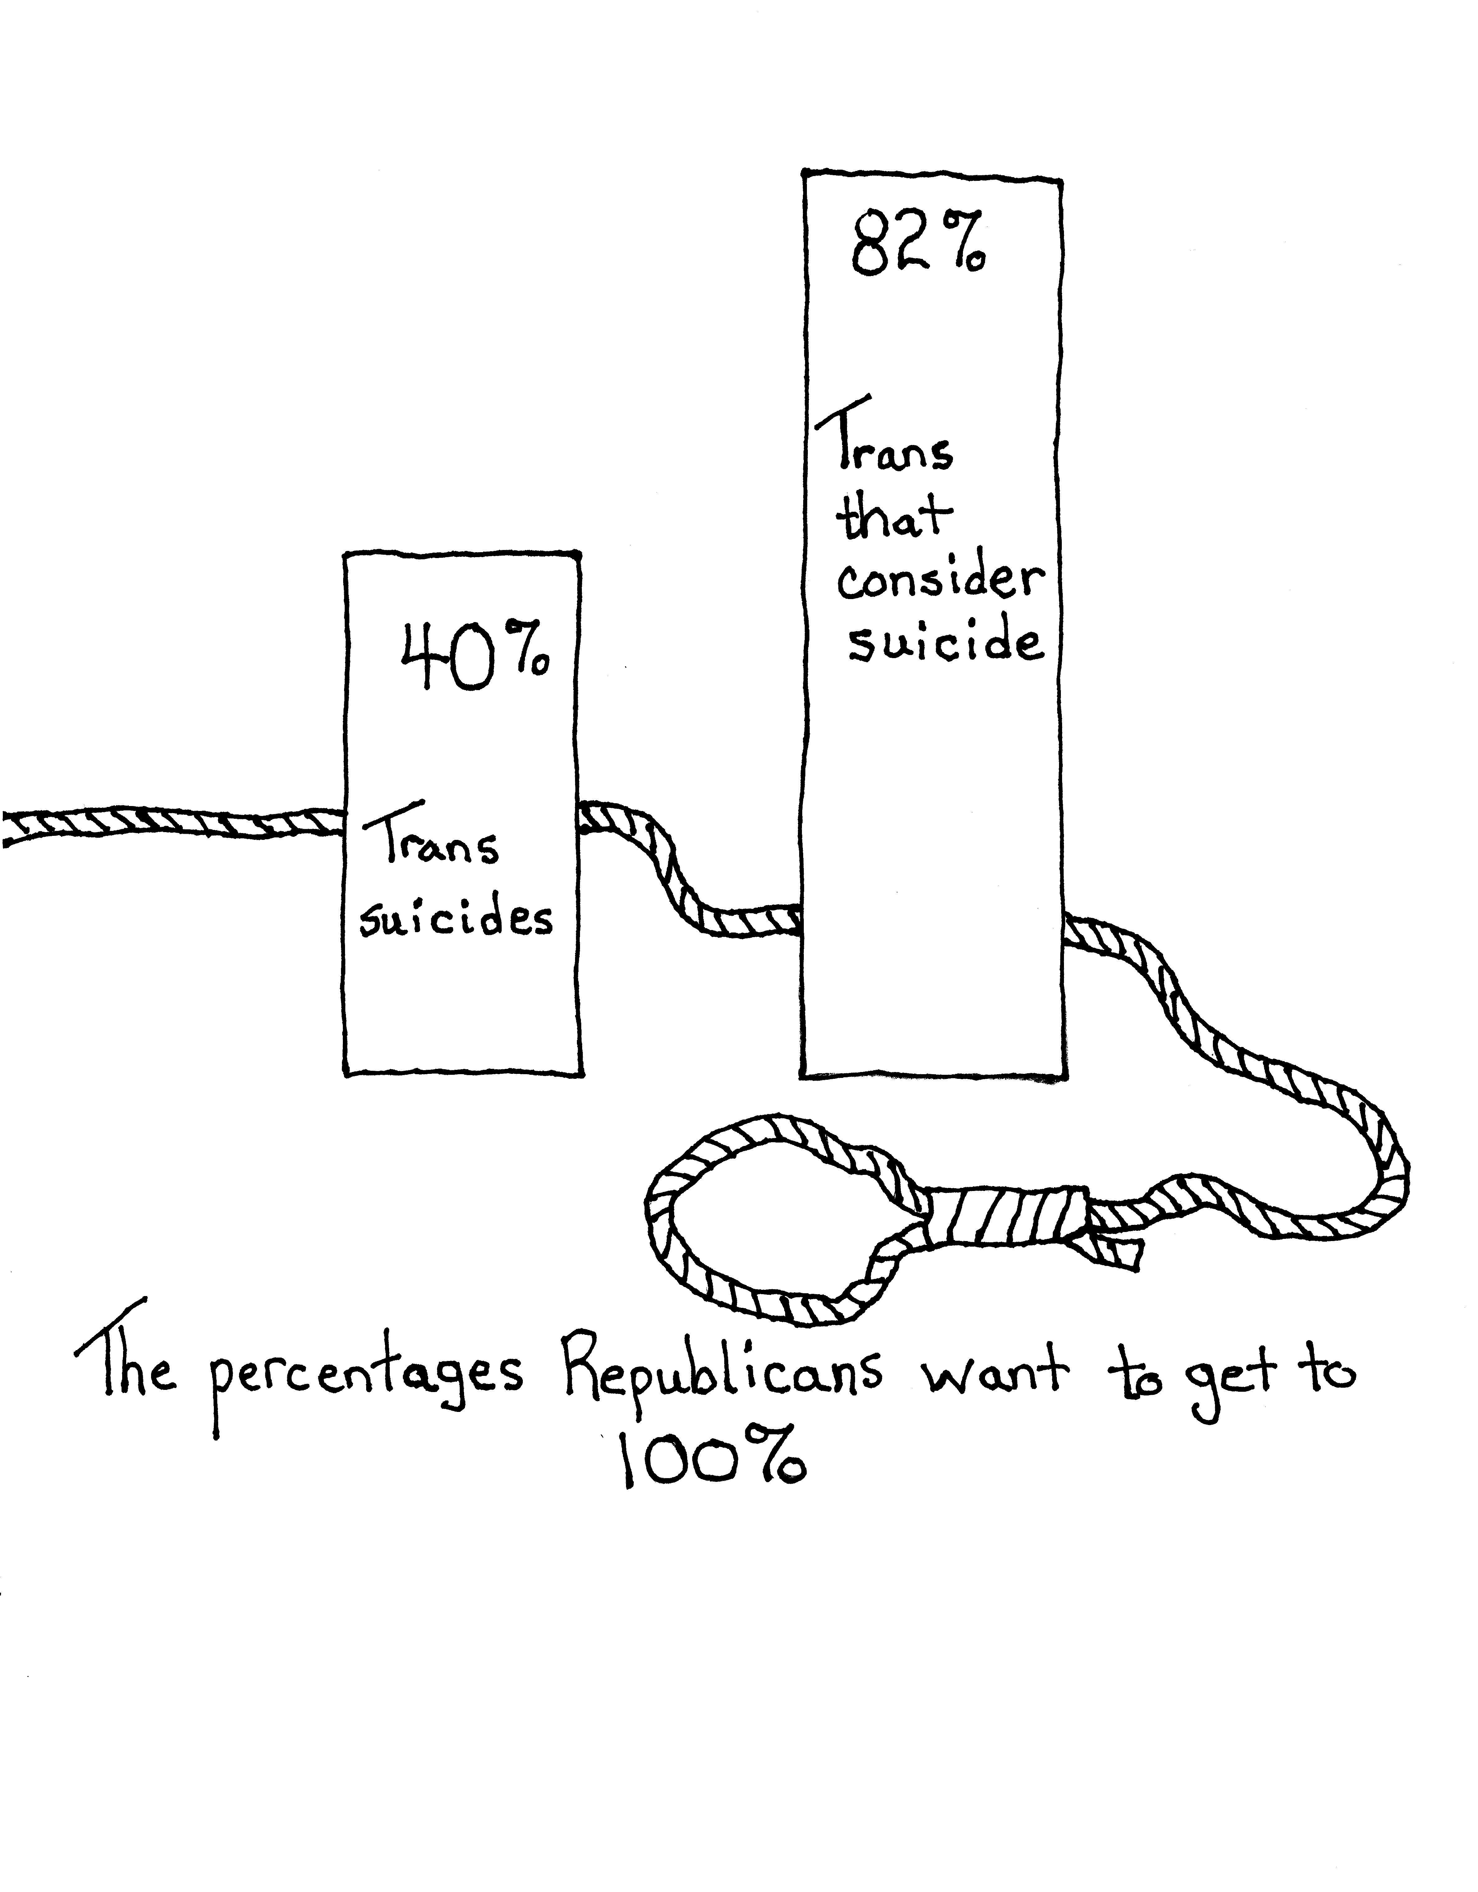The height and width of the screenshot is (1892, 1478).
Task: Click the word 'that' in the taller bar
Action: [892, 517]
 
